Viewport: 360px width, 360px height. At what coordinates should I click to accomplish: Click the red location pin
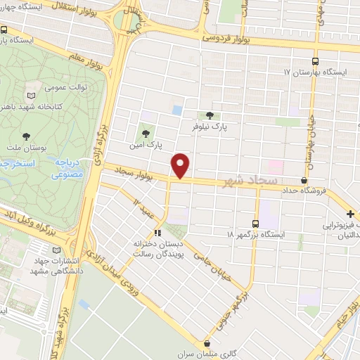[x=181, y=165]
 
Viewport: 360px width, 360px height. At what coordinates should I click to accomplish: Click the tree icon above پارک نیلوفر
[x=209, y=116]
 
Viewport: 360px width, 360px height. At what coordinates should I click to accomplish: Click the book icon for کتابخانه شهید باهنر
[x=30, y=95]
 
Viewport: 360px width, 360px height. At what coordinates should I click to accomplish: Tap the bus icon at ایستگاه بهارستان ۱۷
[x=314, y=61]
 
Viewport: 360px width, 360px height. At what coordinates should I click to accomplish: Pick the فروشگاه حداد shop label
[x=305, y=190]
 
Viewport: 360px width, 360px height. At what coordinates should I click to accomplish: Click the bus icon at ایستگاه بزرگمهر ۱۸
[x=255, y=220]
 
